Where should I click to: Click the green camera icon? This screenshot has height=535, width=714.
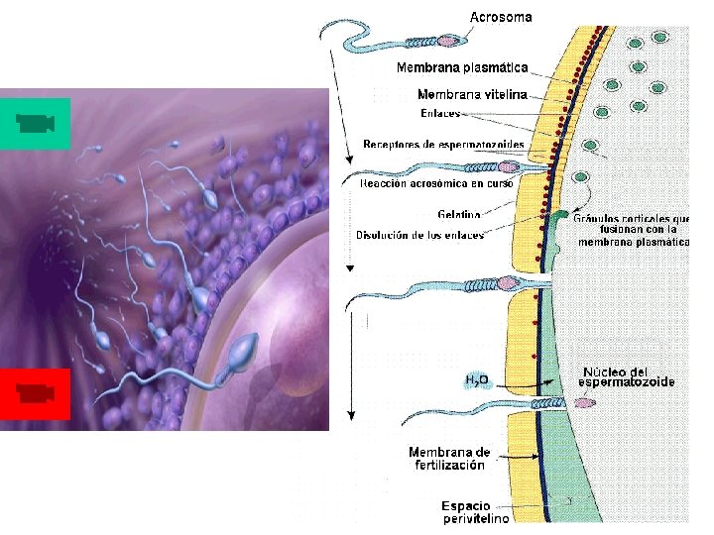(35, 124)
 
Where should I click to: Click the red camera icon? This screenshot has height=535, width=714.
(35, 394)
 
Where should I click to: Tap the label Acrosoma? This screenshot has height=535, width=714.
(500, 17)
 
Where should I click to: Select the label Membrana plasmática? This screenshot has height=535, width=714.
(462, 68)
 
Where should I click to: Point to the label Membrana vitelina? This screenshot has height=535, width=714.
(471, 95)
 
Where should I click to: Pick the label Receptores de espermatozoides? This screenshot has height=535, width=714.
(443, 146)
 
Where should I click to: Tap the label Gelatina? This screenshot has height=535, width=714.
(459, 214)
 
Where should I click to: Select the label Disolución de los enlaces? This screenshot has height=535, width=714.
(420, 236)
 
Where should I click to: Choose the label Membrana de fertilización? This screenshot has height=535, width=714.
(449, 458)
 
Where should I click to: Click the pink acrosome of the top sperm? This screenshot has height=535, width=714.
(449, 43)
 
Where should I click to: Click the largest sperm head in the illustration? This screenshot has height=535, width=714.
(244, 350)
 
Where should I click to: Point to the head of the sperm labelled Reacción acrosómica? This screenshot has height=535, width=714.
(512, 168)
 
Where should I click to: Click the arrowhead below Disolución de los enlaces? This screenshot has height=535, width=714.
(350, 267)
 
